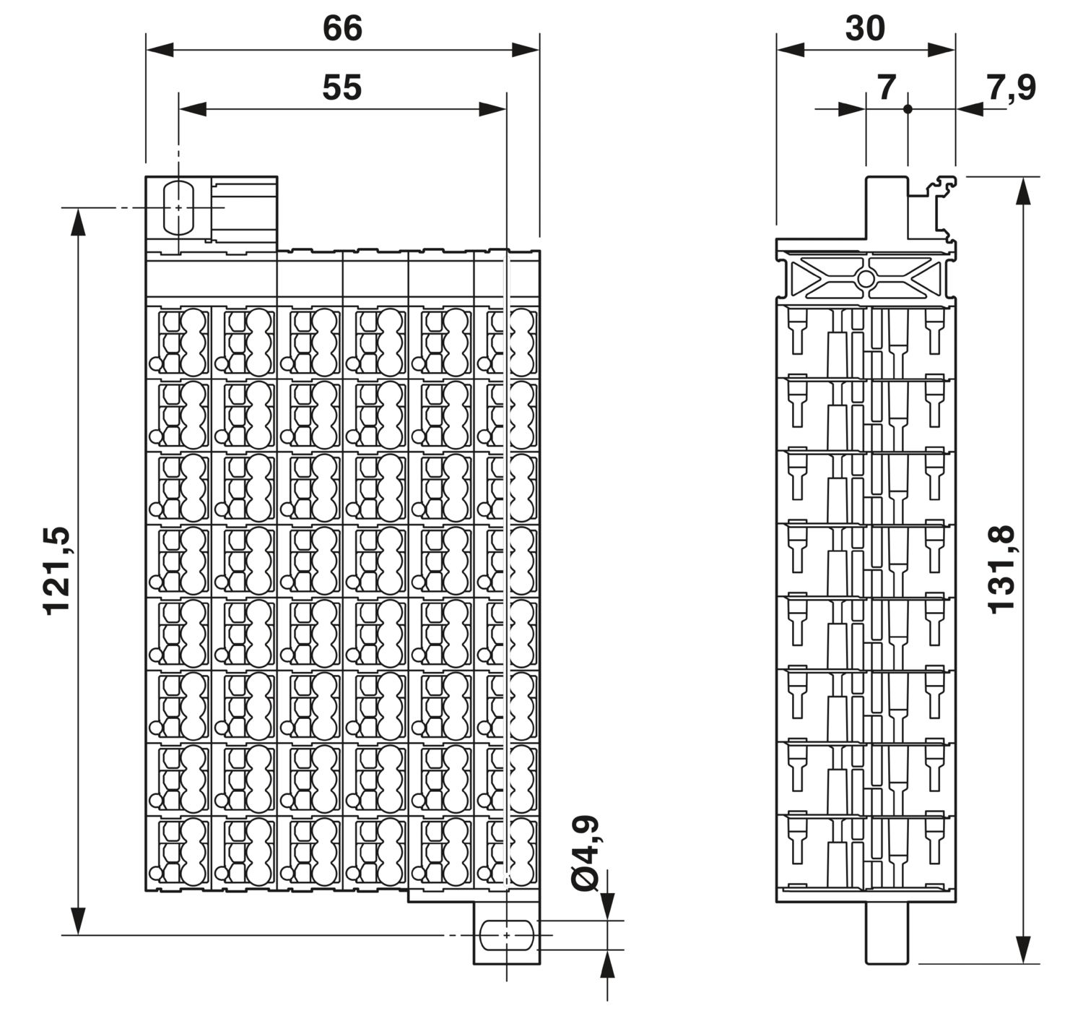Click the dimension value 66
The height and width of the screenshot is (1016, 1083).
pos(342,28)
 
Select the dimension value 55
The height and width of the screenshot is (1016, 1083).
pos(342,87)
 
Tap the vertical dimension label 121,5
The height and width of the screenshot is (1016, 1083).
pos(57,571)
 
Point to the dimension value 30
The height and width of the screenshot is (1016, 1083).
pos(865,28)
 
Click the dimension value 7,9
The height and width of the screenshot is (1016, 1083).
pos(1011,88)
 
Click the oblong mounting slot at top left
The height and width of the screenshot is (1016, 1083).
pos(178,207)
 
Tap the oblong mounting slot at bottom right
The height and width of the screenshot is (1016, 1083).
pos(507,934)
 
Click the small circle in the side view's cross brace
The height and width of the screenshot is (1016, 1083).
pos(866,279)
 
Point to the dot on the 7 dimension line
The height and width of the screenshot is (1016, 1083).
pos(908,109)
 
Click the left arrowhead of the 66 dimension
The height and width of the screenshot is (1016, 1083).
pos(160,51)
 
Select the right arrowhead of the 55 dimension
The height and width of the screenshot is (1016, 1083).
pos(492,109)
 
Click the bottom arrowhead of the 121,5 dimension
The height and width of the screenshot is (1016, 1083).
pos(78,921)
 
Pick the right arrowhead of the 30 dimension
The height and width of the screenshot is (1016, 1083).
pos(941,51)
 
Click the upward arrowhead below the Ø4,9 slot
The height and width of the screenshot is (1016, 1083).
pos(607,963)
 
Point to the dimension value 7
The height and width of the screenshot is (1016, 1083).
pos(887,87)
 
